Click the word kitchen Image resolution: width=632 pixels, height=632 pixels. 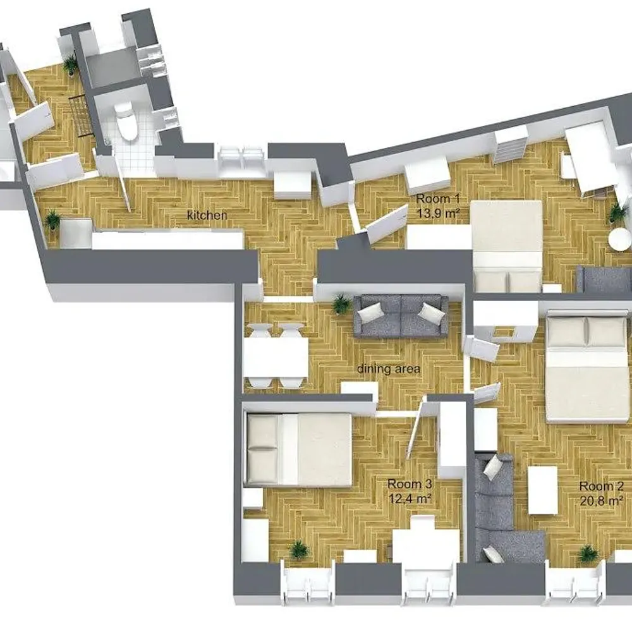click(x=207, y=216)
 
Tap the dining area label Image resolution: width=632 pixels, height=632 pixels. click(x=389, y=369)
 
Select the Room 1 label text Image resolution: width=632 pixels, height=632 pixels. click(x=438, y=198)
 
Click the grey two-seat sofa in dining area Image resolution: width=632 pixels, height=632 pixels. click(x=401, y=317)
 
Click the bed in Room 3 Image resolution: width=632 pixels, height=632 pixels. click(x=299, y=449)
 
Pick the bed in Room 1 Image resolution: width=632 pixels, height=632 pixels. click(x=507, y=245)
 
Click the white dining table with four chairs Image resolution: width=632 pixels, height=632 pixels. click(x=276, y=356)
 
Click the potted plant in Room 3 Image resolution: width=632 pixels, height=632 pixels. click(x=298, y=549)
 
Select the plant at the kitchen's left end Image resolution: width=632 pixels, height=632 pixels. click(x=52, y=220)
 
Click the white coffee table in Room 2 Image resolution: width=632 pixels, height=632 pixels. click(x=543, y=490)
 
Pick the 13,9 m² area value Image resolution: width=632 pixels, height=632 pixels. click(x=439, y=213)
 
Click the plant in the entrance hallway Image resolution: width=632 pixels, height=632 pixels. click(x=71, y=64)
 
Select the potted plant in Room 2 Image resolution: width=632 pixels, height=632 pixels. click(x=588, y=554)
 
